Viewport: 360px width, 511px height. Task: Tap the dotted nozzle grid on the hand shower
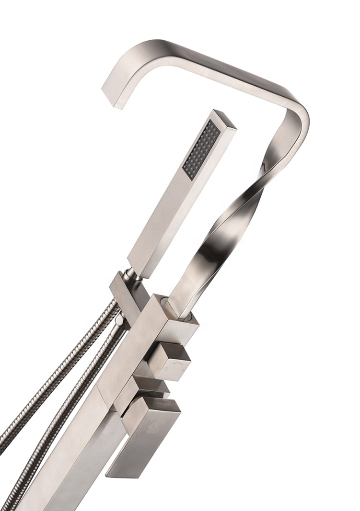tap(199, 149)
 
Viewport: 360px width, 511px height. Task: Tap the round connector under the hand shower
tap(131, 274)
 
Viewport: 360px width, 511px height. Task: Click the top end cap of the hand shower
tap(225, 119)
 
